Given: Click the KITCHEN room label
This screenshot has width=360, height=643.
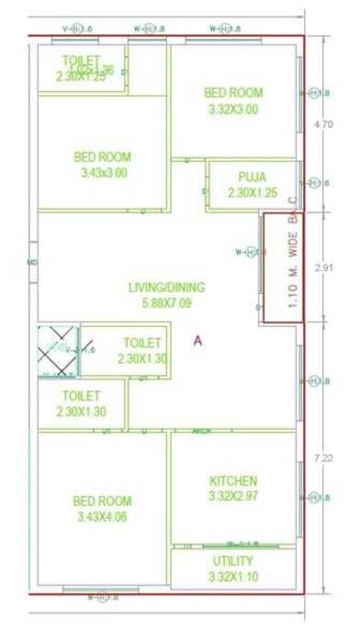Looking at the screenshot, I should point(233,480).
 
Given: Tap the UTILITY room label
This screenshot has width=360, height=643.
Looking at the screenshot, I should point(233,560).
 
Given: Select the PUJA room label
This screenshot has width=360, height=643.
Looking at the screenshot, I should point(251,176).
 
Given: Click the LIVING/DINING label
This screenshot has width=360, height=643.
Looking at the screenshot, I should point(166,287).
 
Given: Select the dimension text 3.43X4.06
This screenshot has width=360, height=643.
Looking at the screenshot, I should point(102,516).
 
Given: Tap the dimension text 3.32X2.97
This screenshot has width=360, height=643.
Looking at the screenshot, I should point(233,496).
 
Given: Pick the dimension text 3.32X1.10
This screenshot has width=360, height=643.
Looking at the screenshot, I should point(233,576).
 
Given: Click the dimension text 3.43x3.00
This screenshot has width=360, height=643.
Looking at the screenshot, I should point(102,172).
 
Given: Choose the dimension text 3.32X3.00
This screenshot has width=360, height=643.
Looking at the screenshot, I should point(233,108).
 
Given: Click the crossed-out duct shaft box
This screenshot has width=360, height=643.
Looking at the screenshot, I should point(57,349).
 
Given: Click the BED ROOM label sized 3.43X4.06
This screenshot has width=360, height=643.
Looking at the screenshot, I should point(102,501).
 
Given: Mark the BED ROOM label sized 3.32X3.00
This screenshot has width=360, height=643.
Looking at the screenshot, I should point(233,93).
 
